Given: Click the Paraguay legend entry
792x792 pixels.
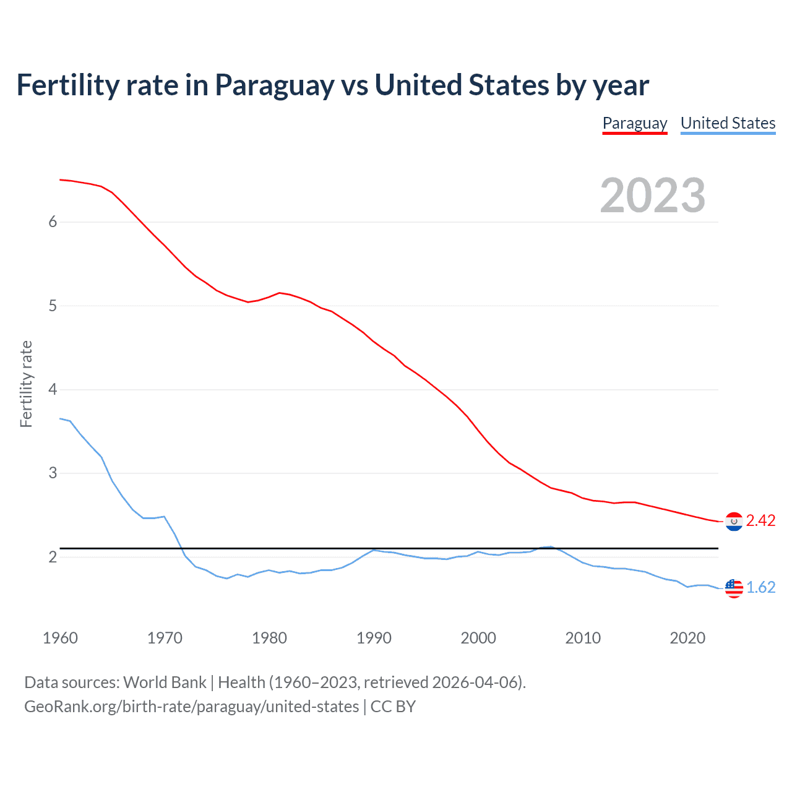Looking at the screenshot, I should coord(635,123).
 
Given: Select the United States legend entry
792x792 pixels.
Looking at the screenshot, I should coord(728,123).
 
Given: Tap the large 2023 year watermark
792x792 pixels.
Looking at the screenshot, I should coord(652,196).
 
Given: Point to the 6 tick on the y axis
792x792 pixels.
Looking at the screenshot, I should coord(53,222).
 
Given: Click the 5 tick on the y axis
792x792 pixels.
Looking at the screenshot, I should coord(53,306).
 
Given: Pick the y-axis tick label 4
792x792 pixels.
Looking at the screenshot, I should coord(53,390).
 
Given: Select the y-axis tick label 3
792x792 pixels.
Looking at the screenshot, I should coord(53,473).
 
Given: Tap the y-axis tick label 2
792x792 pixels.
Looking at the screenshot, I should coord(53,557).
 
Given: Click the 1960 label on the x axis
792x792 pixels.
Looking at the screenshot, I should coord(60,638).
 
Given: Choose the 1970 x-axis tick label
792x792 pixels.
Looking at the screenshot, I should coord(165,638).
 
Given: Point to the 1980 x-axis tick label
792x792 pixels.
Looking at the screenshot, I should coord(269,638).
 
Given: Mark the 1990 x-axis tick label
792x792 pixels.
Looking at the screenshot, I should coord(374,638).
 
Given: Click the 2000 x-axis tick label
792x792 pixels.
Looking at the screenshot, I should coord(478,638).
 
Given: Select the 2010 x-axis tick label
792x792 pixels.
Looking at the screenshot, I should coord(583,638).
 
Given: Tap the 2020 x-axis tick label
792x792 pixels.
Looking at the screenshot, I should coord(687,638).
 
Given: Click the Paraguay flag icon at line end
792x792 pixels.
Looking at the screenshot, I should coord(734,522).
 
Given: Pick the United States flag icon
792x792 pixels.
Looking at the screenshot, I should coord(734,588).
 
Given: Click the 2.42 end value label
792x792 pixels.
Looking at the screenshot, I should coord(760,521).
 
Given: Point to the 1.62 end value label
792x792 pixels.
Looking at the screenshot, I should coord(760,587).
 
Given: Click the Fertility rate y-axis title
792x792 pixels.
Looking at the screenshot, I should coord(26,384).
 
